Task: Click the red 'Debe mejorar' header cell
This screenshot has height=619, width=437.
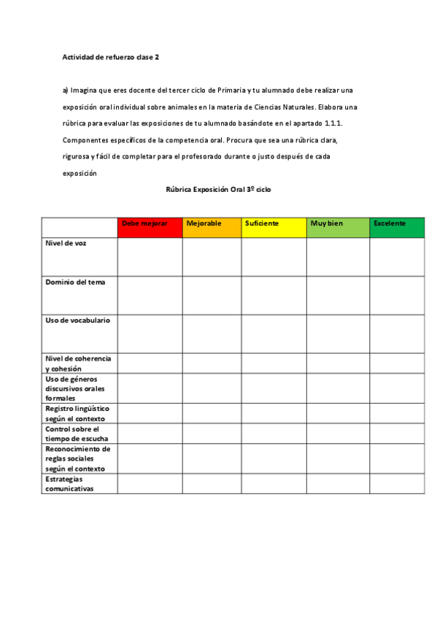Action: point(150,227)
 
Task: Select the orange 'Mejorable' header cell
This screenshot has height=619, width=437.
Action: point(212,227)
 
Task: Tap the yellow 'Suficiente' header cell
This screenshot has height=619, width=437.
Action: point(274,227)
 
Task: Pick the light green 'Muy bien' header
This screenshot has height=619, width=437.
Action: point(338,227)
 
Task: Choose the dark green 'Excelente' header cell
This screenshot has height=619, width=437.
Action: point(396,227)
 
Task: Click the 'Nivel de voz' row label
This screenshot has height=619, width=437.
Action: point(66,243)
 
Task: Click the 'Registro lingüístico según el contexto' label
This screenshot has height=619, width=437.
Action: point(77,414)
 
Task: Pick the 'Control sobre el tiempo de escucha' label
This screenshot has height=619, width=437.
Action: point(72,434)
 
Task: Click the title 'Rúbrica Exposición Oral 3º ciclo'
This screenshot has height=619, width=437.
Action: point(219,189)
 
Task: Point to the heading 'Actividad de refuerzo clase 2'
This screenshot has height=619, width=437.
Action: point(110,56)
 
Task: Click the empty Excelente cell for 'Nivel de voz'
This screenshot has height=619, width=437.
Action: point(396,257)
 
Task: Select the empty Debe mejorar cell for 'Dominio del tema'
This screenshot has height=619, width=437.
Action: point(150,295)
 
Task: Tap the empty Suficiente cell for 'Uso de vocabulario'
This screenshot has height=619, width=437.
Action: point(274,334)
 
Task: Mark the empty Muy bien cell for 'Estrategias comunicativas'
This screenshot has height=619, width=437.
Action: point(338,484)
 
